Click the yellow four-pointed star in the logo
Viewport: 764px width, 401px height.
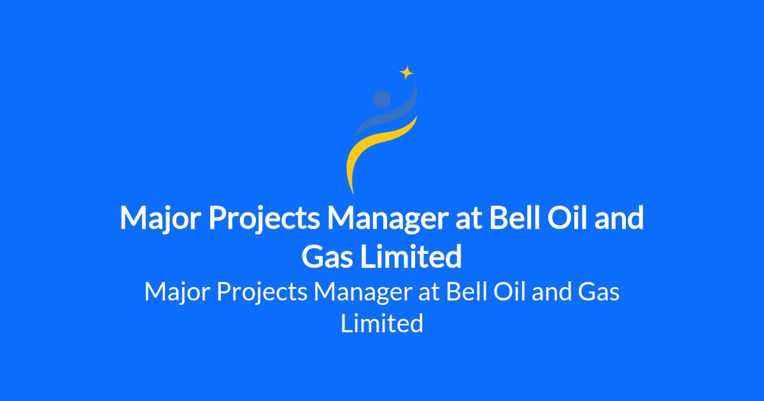click(x=407, y=73)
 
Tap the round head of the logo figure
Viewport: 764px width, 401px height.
click(x=381, y=99)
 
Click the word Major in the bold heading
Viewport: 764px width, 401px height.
click(x=160, y=219)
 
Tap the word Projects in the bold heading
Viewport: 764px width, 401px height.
click(x=264, y=219)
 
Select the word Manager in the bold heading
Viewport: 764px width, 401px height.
click(x=387, y=219)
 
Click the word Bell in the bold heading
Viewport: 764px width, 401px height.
click(x=514, y=218)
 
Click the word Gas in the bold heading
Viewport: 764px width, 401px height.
click(x=327, y=257)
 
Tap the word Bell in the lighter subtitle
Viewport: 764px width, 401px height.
click(x=466, y=292)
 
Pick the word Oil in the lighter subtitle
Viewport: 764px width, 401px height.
click(x=509, y=292)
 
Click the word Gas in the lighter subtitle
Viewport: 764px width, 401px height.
click(x=598, y=292)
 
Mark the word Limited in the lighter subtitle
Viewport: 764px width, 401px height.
click(x=382, y=323)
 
